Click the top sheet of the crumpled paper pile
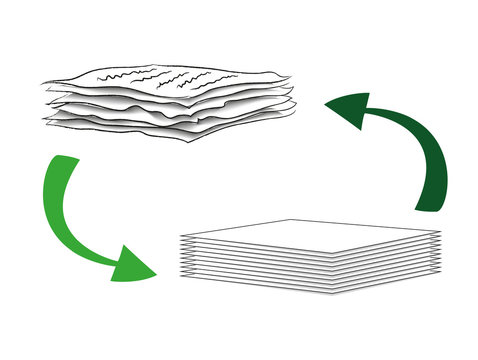click(170, 78)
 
